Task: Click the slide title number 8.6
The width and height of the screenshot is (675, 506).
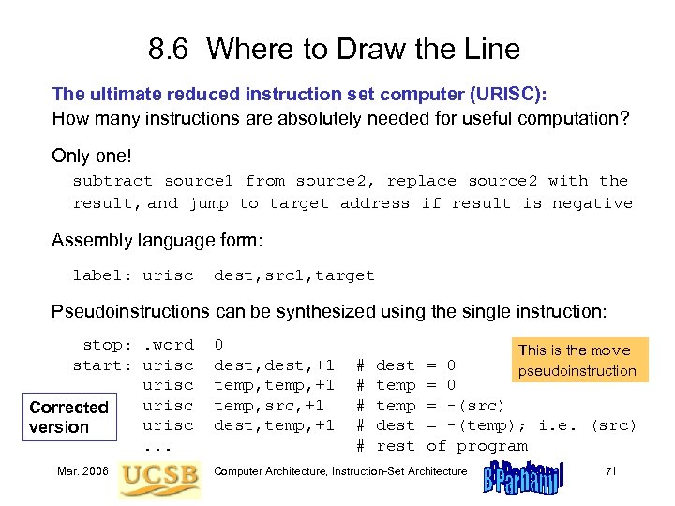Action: coord(172,48)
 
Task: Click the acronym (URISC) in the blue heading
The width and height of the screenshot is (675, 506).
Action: coord(493,94)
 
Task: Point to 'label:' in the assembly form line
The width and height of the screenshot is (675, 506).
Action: coord(103,275)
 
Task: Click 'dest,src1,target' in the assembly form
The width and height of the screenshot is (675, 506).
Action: coord(293,275)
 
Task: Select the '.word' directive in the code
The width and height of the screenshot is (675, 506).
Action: coord(168,345)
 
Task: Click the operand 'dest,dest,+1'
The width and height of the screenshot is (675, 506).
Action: coord(274,365)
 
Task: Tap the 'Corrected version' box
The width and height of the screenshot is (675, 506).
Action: coord(68,417)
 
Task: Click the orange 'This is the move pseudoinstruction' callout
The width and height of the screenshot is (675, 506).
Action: coord(575,361)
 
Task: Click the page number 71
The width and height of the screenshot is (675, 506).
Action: coord(610,471)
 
